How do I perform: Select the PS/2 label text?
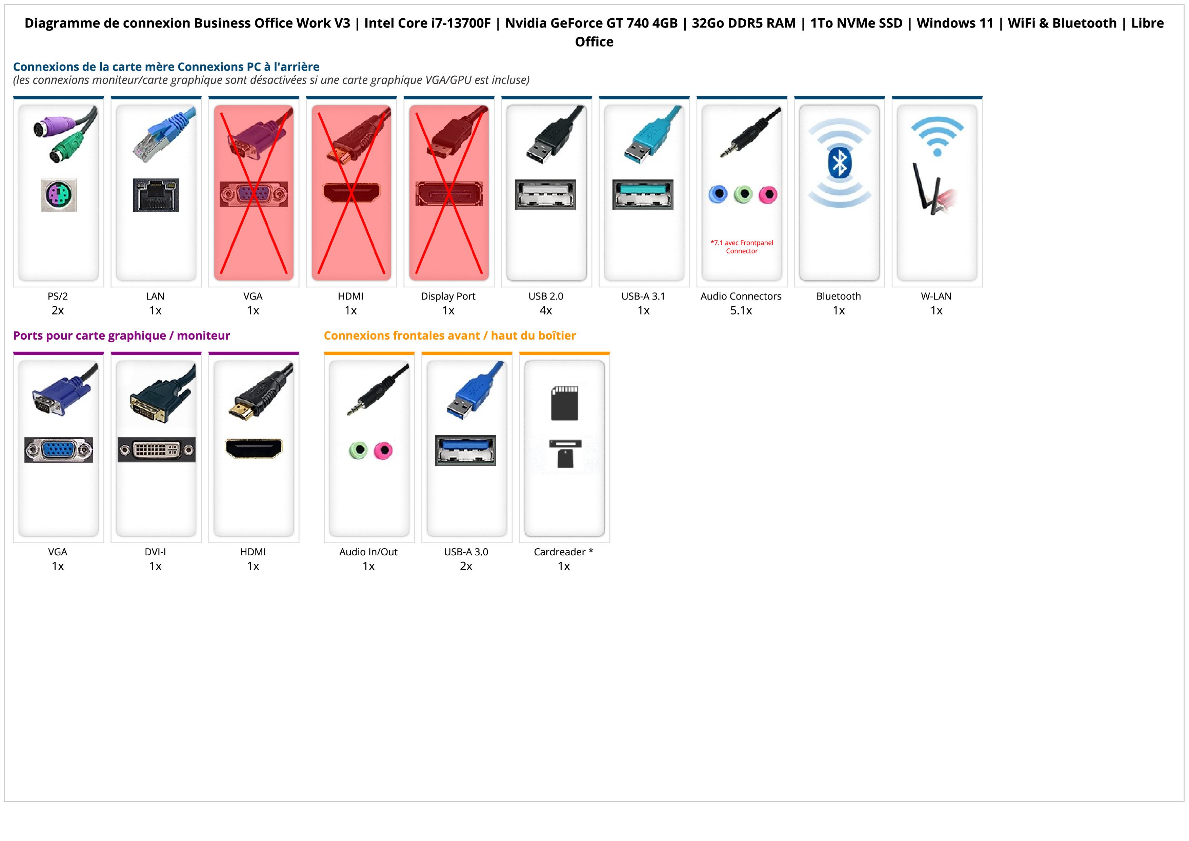click(58, 297)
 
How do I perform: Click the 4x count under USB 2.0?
click(546, 311)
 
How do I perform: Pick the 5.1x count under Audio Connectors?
click(741, 311)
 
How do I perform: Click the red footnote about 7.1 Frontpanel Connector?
click(742, 247)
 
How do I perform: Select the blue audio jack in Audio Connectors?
click(718, 194)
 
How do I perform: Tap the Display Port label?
click(448, 297)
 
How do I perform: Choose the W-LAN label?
click(936, 297)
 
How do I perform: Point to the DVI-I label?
click(155, 552)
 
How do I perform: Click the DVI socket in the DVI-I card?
click(156, 450)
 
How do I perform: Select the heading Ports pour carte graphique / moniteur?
click(121, 336)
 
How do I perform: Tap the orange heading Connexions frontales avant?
click(449, 336)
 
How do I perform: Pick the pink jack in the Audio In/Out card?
click(383, 450)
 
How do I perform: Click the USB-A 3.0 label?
click(466, 552)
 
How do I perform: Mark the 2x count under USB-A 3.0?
click(466, 566)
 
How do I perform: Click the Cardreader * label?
click(563, 552)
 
